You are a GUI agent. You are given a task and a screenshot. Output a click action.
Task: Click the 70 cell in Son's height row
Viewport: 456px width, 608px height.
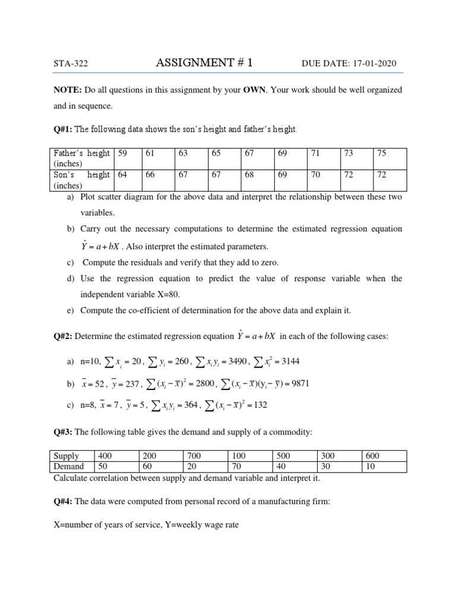coord(315,175)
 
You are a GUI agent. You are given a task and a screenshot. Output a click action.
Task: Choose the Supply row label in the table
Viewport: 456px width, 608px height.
coord(66,456)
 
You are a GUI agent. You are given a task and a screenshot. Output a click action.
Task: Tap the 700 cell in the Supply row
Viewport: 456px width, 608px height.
coord(195,456)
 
